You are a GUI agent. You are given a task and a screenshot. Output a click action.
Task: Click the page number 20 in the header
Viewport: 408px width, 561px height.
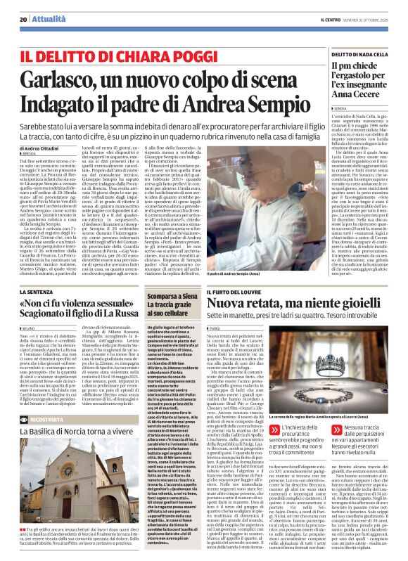(x=23, y=19)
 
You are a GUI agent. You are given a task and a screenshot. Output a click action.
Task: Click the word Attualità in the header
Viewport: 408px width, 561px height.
(x=46, y=19)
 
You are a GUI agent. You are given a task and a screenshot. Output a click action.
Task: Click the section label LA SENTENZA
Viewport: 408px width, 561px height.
(x=39, y=291)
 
